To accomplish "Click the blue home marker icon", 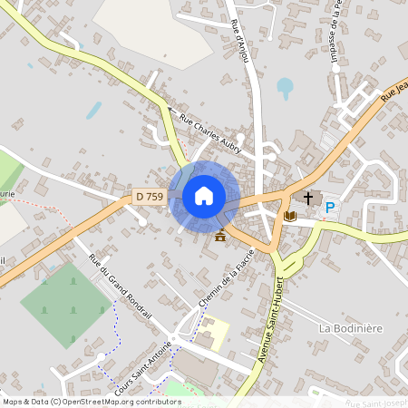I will (204, 196).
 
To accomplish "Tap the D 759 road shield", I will (150, 197).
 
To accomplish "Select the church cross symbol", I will (308, 197).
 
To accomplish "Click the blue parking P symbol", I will (330, 208).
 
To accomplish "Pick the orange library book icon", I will (290, 216).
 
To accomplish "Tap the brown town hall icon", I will (220, 236).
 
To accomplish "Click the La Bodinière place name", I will (351, 325).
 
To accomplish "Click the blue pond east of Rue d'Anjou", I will (286, 88).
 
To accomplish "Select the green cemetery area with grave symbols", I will (65, 304).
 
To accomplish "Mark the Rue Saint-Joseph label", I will (377, 402).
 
